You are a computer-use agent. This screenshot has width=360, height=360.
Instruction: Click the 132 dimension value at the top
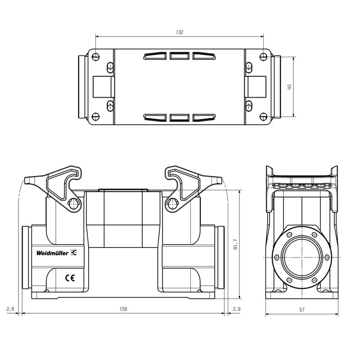pyautogui.click(x=180, y=32)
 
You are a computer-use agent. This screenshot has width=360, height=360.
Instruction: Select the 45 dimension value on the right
pyautogui.click(x=290, y=86)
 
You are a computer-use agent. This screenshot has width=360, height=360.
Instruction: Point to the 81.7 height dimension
pyautogui.click(x=235, y=245)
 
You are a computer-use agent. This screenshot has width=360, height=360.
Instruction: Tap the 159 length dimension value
pyautogui.click(x=123, y=309)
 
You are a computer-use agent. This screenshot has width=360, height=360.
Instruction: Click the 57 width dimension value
pyautogui.click(x=301, y=310)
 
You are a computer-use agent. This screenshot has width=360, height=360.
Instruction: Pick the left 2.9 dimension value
pyautogui.click(x=10, y=309)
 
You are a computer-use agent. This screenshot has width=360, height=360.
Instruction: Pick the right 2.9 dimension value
pyautogui.click(x=236, y=309)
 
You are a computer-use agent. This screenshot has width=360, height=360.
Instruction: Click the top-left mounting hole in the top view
pyautogui.click(x=95, y=57)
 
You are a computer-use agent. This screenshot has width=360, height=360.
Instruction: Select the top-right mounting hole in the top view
pyautogui.click(x=264, y=57)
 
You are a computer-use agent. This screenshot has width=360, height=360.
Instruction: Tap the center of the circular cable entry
pyautogui.click(x=301, y=257)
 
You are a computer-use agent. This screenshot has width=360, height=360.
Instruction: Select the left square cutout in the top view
pyautogui.click(x=104, y=86)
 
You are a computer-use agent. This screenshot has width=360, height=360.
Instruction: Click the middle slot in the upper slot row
pyautogui.click(x=180, y=56)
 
